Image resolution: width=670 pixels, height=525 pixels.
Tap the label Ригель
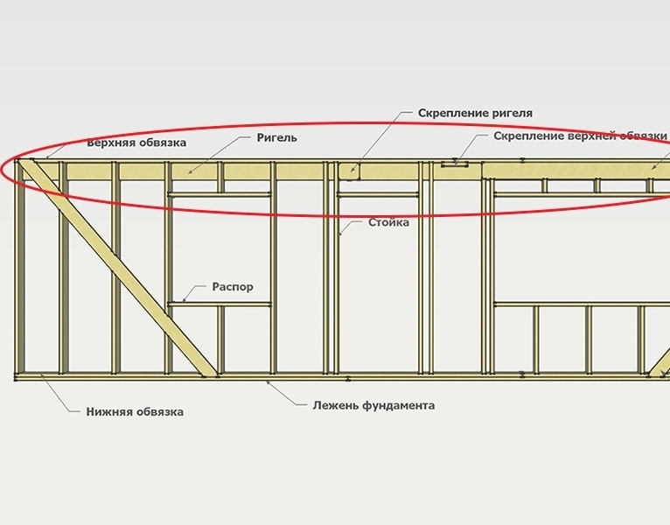277,137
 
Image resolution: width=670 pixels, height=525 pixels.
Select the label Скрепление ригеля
475,114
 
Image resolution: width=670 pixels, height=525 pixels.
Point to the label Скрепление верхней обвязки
580,136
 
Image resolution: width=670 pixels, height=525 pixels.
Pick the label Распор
233,286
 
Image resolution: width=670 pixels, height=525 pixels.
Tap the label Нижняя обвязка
136,412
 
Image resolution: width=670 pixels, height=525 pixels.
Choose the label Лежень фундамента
373,406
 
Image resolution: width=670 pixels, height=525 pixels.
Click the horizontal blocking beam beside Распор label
220,304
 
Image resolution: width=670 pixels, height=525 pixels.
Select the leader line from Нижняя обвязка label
61,395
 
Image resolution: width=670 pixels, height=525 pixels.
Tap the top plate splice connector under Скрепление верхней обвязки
456,163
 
